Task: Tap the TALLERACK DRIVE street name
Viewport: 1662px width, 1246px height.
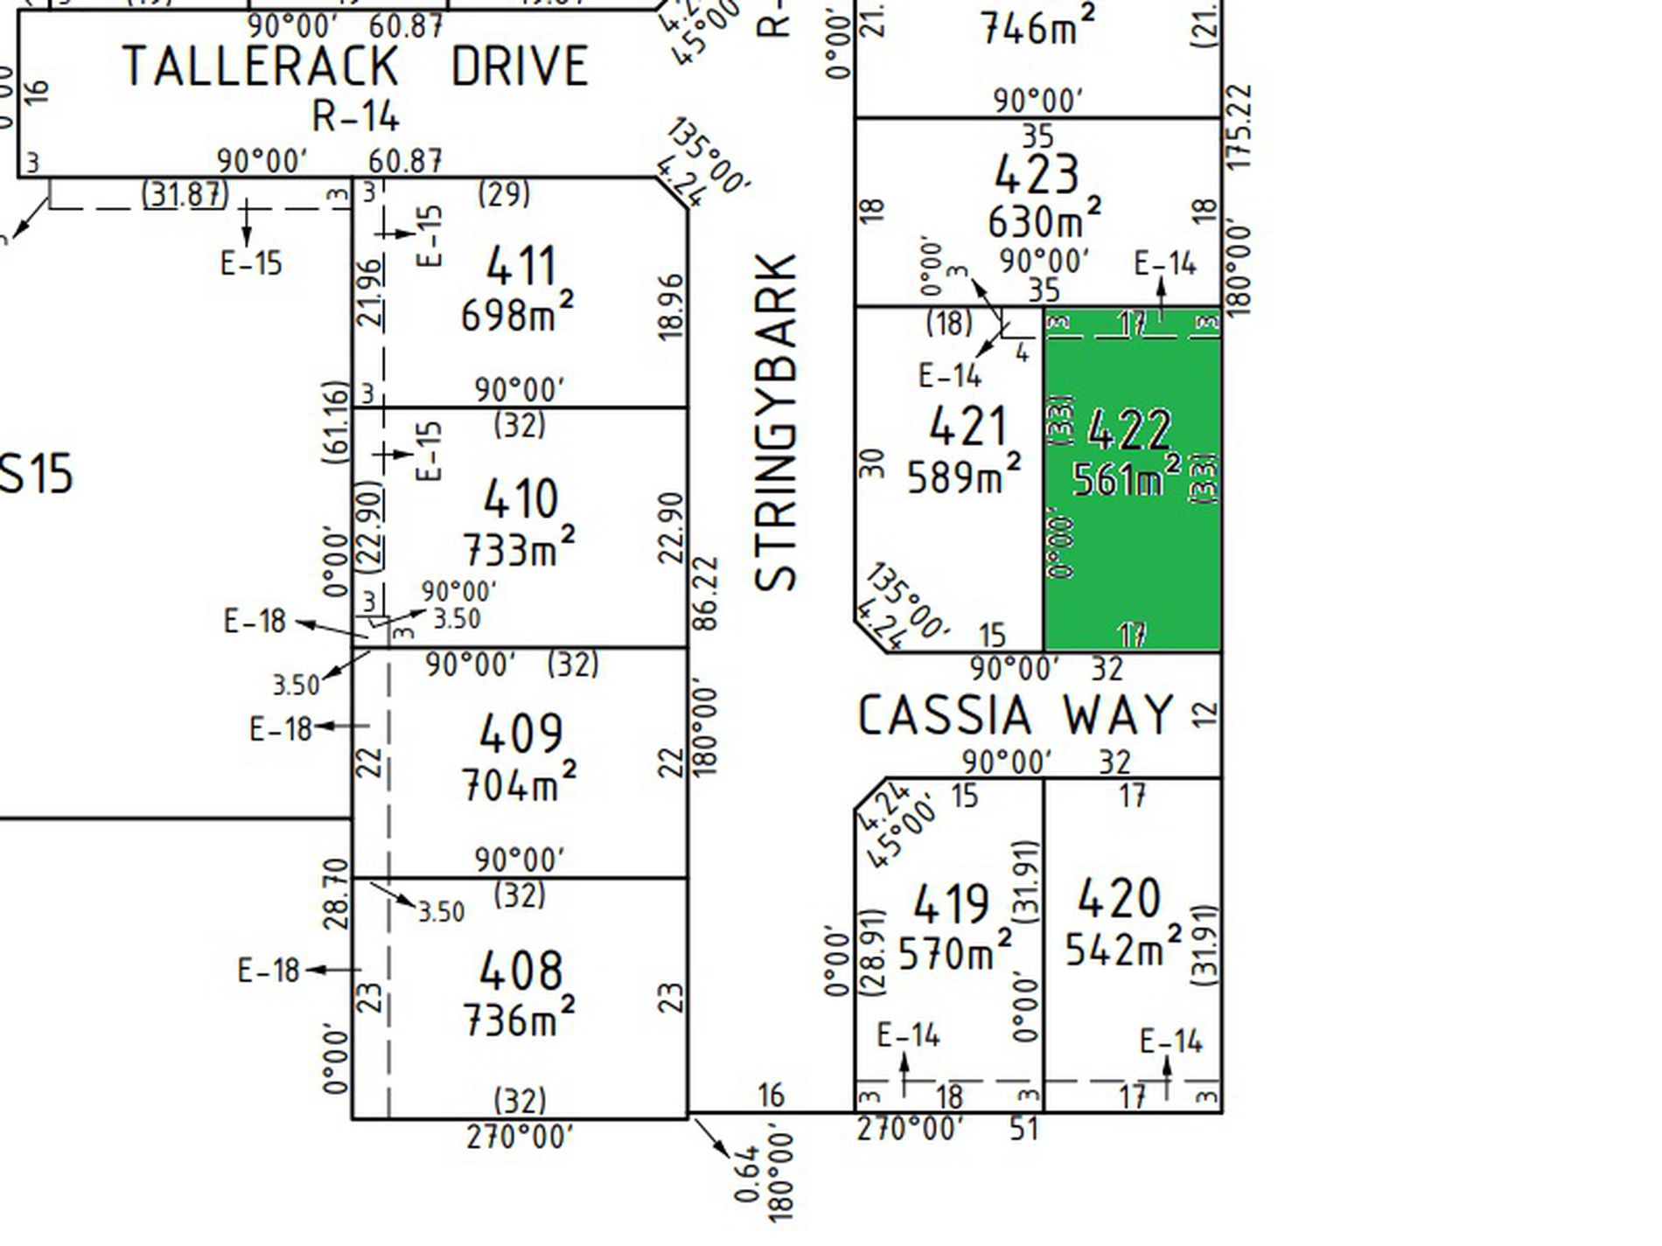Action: point(355,66)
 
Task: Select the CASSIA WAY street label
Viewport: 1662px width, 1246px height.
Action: point(1015,714)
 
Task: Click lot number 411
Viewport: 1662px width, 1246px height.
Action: point(520,266)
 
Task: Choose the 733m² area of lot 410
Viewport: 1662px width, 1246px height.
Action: point(519,548)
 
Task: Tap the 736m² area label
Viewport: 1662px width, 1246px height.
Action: point(519,1019)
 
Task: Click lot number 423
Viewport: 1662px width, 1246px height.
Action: point(1037,174)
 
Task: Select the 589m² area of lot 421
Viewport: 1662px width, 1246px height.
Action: point(963,476)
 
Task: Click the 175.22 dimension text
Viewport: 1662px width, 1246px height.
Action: point(1239,127)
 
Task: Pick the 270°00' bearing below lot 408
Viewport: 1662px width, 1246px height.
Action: point(520,1138)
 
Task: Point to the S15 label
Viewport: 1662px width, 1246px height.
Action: point(35,475)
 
